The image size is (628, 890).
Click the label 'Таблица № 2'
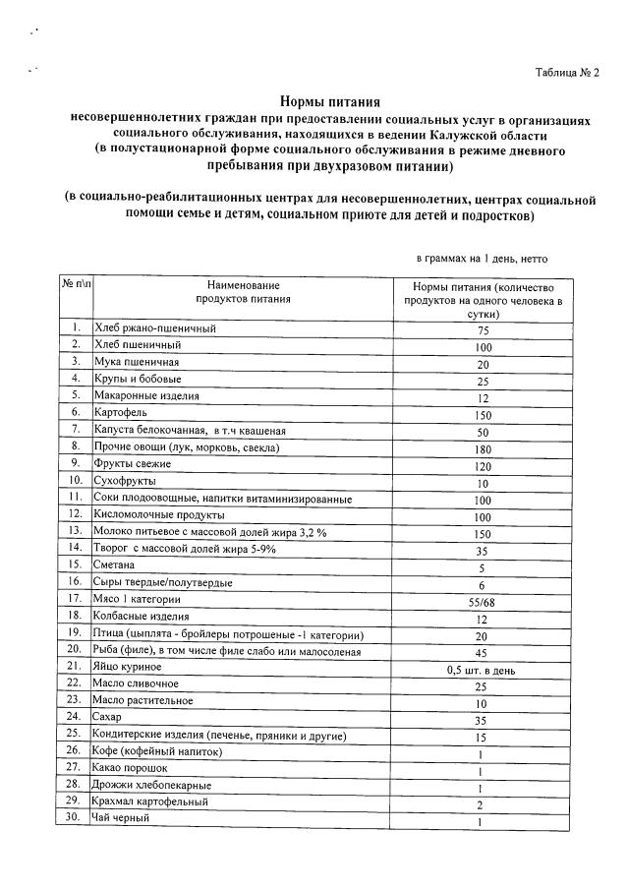point(566,73)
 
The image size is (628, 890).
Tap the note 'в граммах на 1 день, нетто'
point(482,259)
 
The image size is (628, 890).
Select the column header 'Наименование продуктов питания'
point(243,291)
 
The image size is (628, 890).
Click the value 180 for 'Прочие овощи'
point(483,447)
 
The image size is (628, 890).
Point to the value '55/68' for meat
point(483,600)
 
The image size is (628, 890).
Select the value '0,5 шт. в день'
point(482,669)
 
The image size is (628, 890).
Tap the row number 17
point(75,598)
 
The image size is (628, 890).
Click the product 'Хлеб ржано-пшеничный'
point(153,327)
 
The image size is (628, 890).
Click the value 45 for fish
point(483,651)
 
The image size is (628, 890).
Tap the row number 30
point(75,818)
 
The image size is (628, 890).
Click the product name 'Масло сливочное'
point(136,682)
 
